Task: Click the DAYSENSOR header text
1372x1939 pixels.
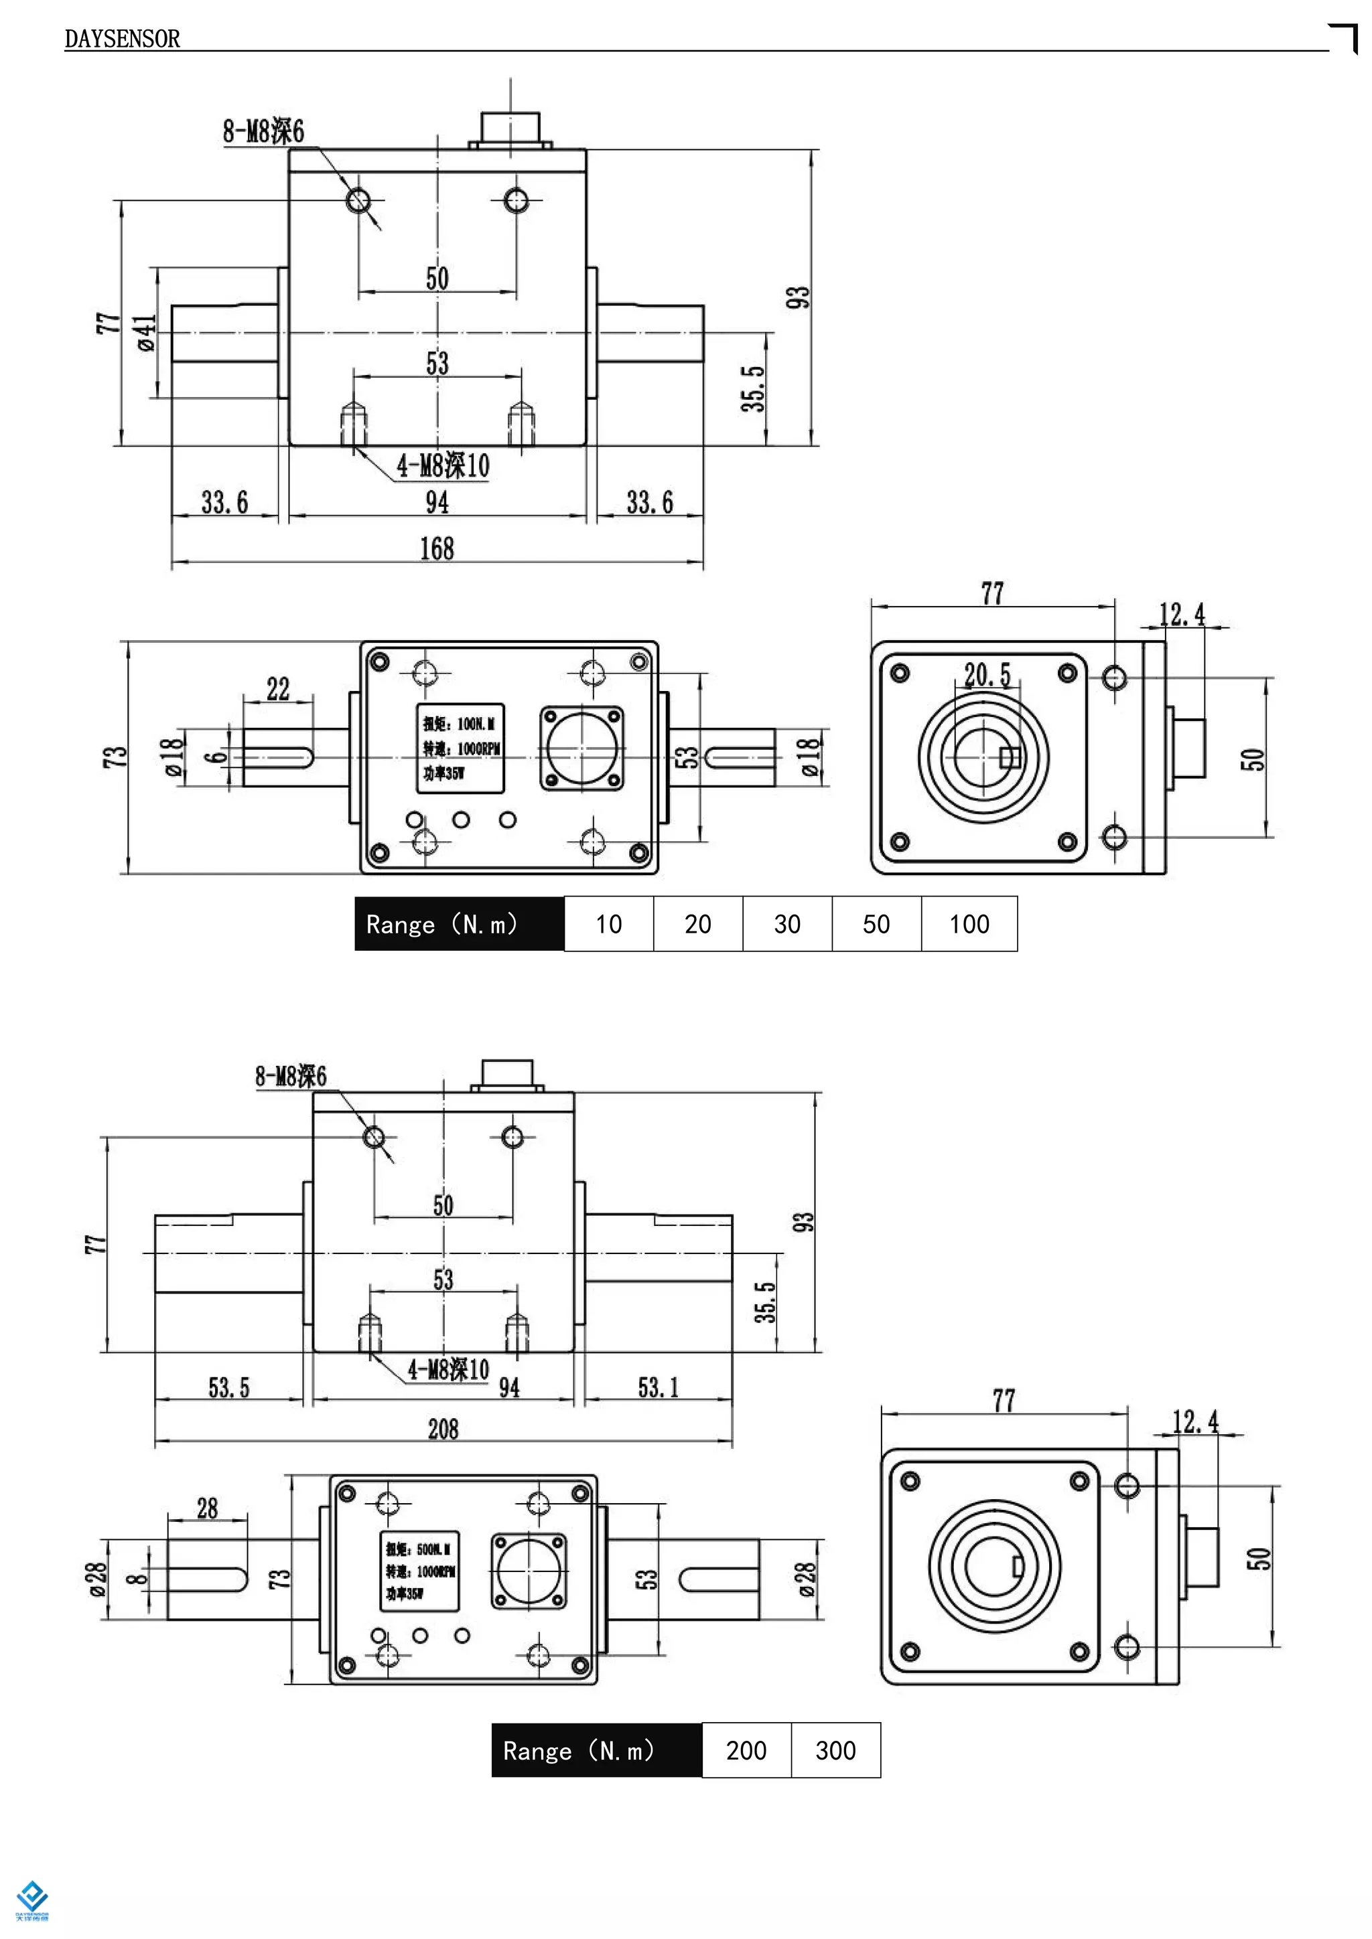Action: [x=123, y=39]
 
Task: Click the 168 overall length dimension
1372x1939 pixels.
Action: [x=437, y=549]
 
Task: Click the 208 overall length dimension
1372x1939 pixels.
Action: [x=443, y=1429]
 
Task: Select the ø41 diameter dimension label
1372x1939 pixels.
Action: [x=146, y=333]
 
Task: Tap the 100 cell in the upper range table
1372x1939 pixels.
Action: [x=968, y=924]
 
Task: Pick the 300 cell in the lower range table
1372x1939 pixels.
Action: [x=835, y=1751]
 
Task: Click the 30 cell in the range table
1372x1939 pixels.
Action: [x=786, y=924]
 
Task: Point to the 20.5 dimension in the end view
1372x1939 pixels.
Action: [x=987, y=675]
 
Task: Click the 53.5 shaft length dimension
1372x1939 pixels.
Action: [x=229, y=1387]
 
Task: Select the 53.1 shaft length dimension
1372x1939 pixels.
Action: [x=657, y=1387]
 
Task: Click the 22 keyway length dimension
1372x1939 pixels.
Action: [x=278, y=689]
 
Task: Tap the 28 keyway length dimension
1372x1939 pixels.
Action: [x=207, y=1508]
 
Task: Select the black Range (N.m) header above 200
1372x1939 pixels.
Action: [x=596, y=1751]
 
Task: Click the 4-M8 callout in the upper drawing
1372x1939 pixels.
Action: [x=443, y=465]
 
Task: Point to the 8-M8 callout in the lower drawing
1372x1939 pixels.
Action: [x=291, y=1076]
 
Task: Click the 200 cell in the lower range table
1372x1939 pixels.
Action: [x=746, y=1751]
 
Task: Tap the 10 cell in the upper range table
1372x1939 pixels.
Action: [x=608, y=924]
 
